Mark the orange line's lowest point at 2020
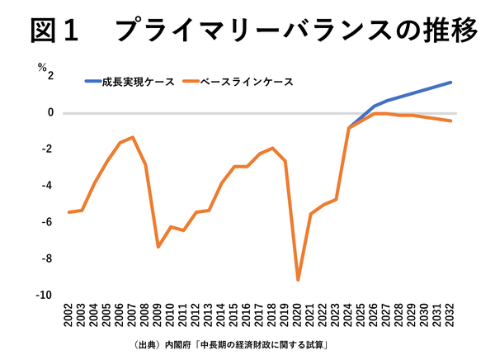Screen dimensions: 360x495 (x=298, y=280)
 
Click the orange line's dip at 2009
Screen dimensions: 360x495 (x=158, y=247)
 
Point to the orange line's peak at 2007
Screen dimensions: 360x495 (x=133, y=137)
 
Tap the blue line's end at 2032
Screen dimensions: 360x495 (x=450, y=82)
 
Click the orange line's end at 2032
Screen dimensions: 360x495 (x=450, y=121)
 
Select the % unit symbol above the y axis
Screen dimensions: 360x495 (x=40, y=69)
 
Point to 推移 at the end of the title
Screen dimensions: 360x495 (x=449, y=31)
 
